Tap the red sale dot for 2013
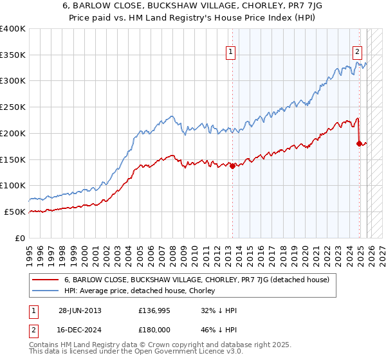(x=232, y=166)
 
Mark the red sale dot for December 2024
(x=359, y=143)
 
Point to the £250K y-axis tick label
(x=13, y=107)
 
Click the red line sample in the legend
(x=45, y=280)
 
